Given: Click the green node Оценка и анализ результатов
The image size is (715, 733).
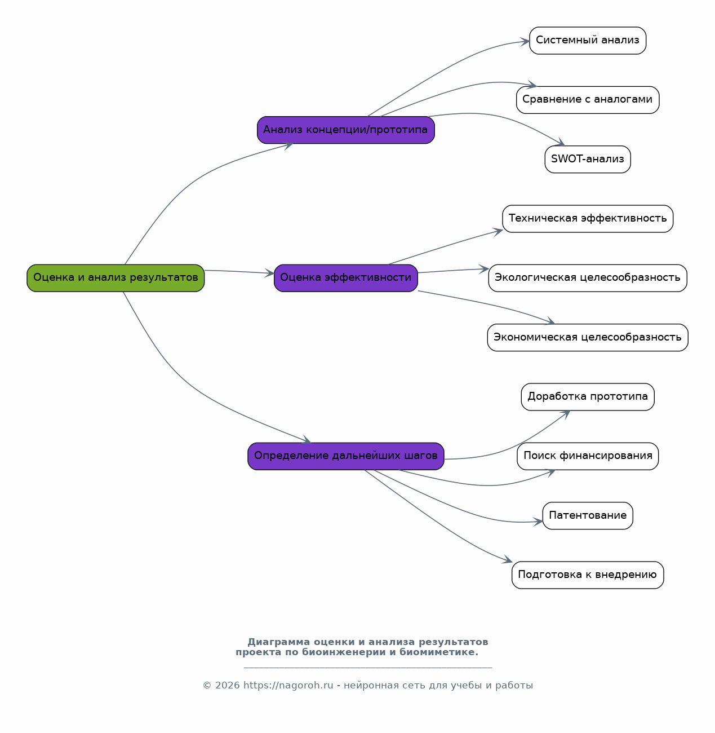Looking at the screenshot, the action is (116, 278).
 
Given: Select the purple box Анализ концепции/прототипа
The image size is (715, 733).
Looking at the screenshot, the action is (346, 130).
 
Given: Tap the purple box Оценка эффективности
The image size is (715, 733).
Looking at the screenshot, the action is (346, 278).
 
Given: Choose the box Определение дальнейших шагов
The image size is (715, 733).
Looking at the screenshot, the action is (346, 456).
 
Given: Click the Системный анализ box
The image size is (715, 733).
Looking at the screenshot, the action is (588, 40).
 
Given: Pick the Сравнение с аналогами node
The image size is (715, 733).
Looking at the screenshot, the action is (588, 100).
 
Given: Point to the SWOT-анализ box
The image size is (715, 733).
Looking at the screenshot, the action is (588, 160).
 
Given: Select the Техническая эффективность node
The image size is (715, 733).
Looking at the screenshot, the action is (588, 218).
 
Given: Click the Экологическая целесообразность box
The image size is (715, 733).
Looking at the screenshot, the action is (588, 278).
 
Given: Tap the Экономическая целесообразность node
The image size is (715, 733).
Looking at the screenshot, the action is (588, 338).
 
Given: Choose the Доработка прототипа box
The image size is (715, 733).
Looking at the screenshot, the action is (588, 396).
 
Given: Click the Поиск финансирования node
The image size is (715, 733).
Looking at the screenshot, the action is (588, 456).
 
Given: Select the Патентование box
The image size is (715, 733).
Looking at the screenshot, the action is (588, 516).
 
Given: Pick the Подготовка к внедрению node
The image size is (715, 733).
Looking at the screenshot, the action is (588, 575).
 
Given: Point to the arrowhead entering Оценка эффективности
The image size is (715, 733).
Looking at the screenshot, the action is (269, 273).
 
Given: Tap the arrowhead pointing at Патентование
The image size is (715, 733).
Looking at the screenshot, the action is (538, 522).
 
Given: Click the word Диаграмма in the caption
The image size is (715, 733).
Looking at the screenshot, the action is (279, 642).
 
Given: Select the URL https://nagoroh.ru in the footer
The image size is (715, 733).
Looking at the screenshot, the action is (288, 685).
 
